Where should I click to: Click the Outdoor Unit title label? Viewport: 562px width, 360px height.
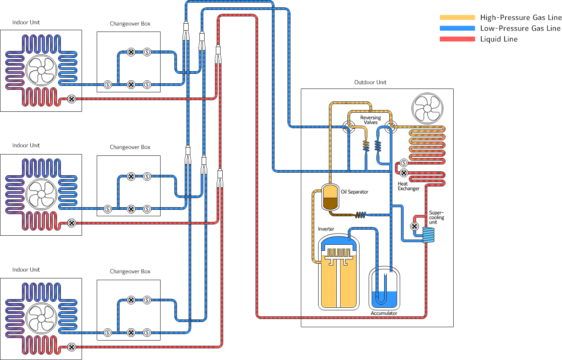[370, 82]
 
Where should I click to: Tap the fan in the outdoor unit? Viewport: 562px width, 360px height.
[427, 108]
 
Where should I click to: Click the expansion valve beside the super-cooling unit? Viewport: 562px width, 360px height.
[414, 226]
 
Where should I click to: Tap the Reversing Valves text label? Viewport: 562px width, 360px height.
[370, 120]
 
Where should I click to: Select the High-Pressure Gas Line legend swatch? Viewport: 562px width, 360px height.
[457, 18]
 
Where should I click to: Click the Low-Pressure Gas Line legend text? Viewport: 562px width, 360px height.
[520, 28]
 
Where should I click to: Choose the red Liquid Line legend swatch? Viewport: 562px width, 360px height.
[457, 39]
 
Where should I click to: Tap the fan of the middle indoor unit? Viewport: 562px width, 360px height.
[41, 195]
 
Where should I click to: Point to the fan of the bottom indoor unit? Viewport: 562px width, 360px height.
[41, 319]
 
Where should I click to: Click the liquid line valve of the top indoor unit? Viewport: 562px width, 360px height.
[72, 99]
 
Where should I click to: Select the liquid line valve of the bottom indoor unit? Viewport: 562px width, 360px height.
[72, 347]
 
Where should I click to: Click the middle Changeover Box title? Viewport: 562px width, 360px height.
[130, 147]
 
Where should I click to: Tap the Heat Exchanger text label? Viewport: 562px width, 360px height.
[408, 186]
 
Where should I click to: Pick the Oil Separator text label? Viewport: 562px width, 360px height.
[354, 192]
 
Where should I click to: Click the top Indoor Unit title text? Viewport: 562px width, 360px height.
[26, 22]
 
